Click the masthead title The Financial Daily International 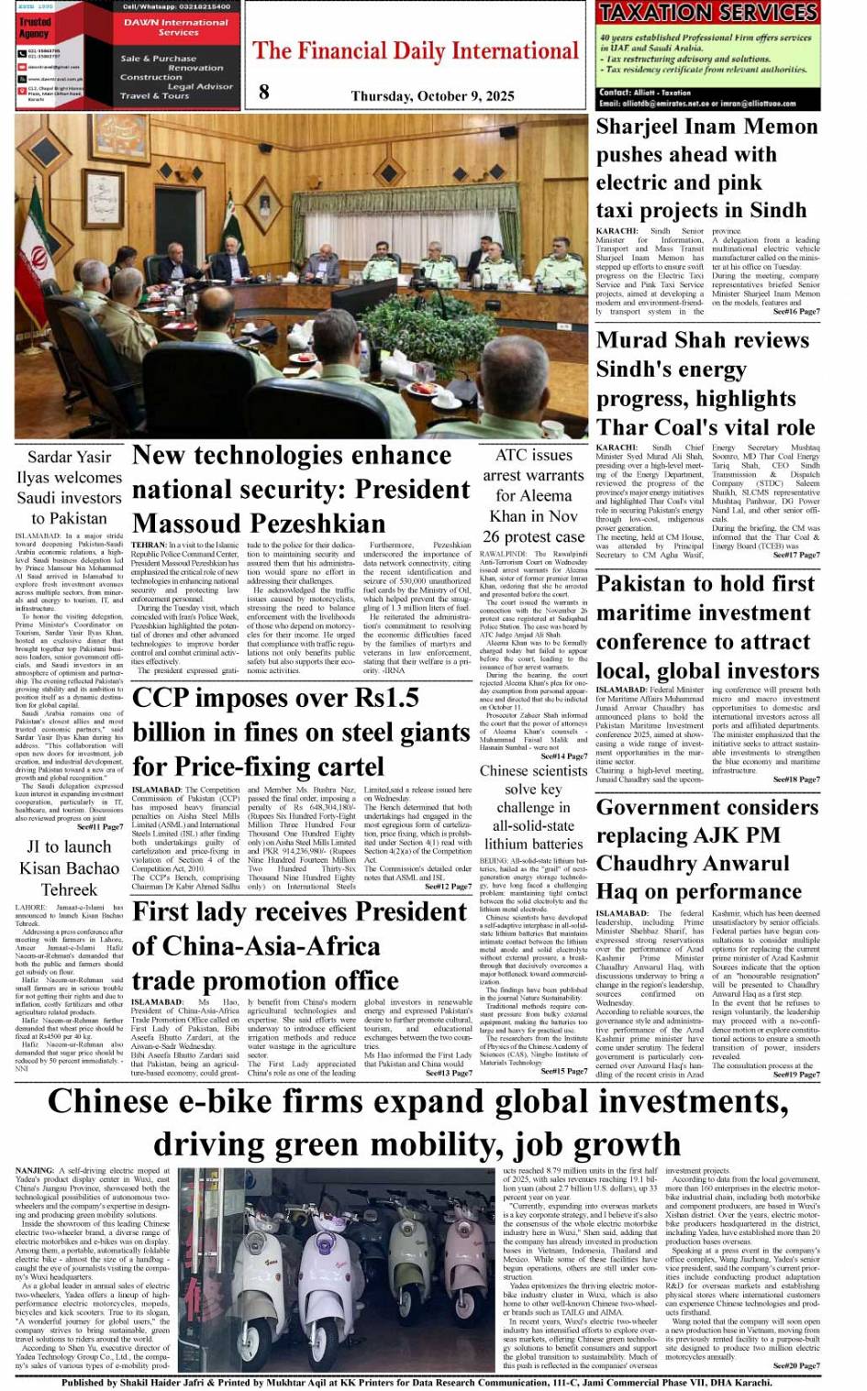[416, 50]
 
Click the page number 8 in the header [264, 91]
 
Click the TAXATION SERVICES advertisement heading [707, 13]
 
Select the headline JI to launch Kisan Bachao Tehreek [69, 867]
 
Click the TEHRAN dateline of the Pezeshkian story [149, 545]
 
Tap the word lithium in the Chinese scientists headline [508, 844]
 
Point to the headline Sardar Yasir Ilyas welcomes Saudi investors [69, 487]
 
